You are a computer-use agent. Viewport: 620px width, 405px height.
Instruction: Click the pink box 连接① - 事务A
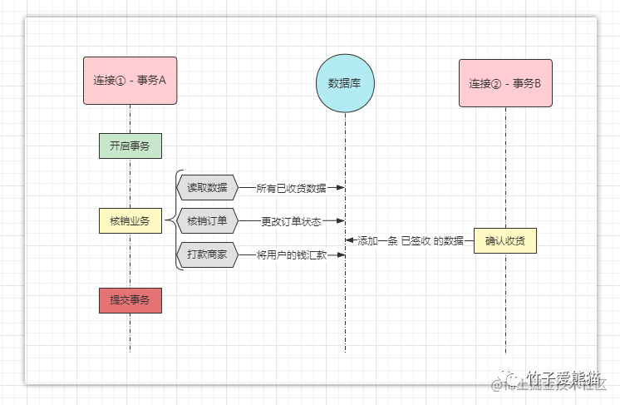pos(130,81)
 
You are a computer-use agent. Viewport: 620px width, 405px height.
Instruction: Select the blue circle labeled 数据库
pos(345,82)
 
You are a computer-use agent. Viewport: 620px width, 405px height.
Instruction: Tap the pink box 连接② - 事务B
pos(505,83)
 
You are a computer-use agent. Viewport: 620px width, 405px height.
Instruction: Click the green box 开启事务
pos(130,146)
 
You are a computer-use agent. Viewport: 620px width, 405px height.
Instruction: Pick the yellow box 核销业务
pos(130,220)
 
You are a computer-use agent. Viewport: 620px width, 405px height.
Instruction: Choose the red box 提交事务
pos(130,299)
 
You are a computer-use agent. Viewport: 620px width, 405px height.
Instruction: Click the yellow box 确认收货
pos(505,241)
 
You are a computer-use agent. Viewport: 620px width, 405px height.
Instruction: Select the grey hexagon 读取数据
pos(207,188)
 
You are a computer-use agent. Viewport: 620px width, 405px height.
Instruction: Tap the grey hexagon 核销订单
pos(207,221)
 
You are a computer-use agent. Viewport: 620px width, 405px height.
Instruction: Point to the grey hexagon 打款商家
pos(207,254)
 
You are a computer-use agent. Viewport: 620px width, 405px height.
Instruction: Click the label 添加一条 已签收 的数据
pos(410,241)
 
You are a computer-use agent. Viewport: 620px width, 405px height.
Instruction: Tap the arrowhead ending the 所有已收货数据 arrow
pos(340,188)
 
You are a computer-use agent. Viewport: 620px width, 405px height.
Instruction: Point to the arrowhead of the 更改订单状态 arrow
pos(340,221)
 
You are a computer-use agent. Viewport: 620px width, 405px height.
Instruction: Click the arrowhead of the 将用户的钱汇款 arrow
pos(340,254)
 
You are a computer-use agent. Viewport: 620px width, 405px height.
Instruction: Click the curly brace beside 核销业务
pos(172,220)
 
